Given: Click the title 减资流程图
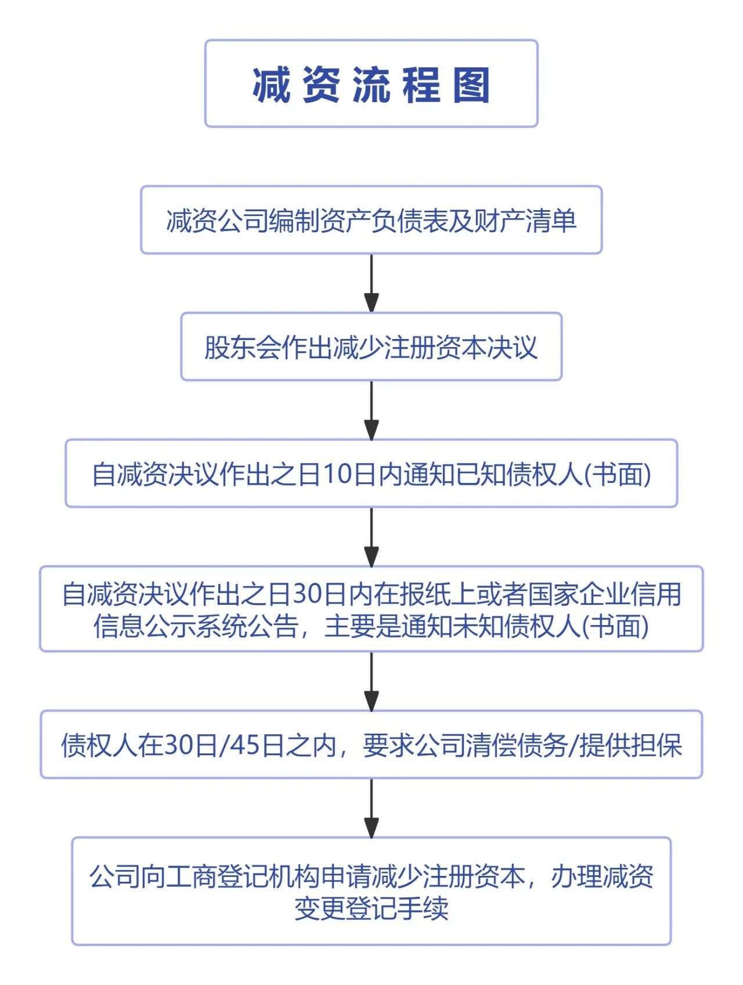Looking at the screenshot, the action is coord(371,85).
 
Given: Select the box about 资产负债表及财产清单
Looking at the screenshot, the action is coord(371,220).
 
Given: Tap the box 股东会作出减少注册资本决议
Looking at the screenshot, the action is coord(371,347).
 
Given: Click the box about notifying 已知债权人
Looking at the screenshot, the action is coord(371,474).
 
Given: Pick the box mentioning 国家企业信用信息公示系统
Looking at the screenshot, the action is coord(371,609).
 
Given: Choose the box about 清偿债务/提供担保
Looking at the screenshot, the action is coord(371,745).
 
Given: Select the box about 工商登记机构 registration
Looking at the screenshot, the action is coord(371,892).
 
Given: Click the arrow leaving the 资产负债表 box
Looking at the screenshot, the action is coord(371,283).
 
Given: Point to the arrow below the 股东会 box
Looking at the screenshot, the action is coord(371,410).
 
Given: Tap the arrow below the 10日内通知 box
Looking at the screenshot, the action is coord(371,537).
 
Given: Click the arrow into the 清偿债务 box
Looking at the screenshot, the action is coord(371,681).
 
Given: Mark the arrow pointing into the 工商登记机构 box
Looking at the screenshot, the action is coord(371,808).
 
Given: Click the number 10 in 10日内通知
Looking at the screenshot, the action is coord(334,474).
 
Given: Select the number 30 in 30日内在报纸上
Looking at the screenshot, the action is coord(307,594).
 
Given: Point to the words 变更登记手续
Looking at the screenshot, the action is coord(371,908).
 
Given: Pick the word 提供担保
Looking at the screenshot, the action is coord(631,745).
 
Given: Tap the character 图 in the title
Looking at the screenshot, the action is coord(472,85).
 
